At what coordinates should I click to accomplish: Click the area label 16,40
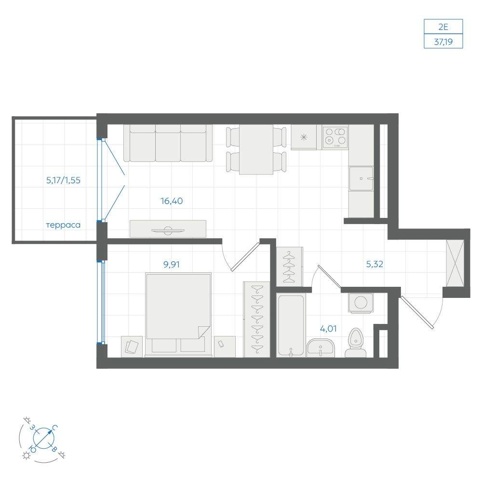[172, 201]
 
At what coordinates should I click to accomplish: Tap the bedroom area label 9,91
[172, 264]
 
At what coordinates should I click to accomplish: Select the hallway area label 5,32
[375, 264]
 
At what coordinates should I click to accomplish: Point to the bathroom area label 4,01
[328, 329]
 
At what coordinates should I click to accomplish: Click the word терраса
[63, 225]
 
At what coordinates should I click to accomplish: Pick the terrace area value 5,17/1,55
[63, 180]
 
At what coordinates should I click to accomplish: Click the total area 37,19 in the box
[443, 41]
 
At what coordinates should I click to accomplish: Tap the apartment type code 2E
[443, 27]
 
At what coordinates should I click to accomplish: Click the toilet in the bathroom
[355, 343]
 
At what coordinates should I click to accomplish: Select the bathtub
[291, 325]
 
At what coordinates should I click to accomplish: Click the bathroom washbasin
[321, 348]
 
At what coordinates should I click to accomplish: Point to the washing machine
[361, 303]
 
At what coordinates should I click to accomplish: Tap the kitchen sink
[361, 179]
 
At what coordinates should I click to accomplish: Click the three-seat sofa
[168, 143]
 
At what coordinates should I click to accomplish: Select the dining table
[256, 149]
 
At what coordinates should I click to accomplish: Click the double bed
[179, 315]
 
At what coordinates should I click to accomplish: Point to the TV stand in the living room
[168, 228]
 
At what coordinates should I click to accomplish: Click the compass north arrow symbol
[43, 438]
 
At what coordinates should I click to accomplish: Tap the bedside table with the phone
[225, 347]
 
